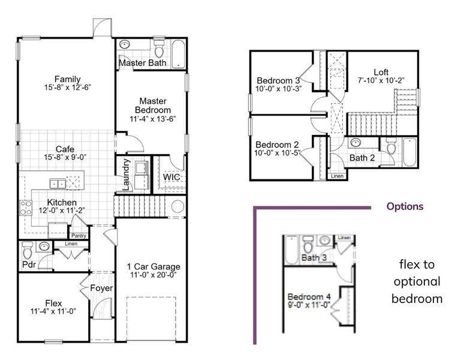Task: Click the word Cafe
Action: [x=65, y=149]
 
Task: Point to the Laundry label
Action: [x=126, y=175]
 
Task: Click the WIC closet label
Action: [x=172, y=177]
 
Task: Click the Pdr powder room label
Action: [x=28, y=264]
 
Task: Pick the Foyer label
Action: [x=101, y=288]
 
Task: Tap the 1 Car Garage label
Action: [x=154, y=266]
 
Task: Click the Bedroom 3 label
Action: [x=278, y=80]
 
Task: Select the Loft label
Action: [x=381, y=71]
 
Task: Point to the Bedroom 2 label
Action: [x=277, y=145]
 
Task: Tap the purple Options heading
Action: [x=405, y=206]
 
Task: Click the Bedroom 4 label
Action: [x=309, y=296]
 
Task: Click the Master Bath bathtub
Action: [x=179, y=54]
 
